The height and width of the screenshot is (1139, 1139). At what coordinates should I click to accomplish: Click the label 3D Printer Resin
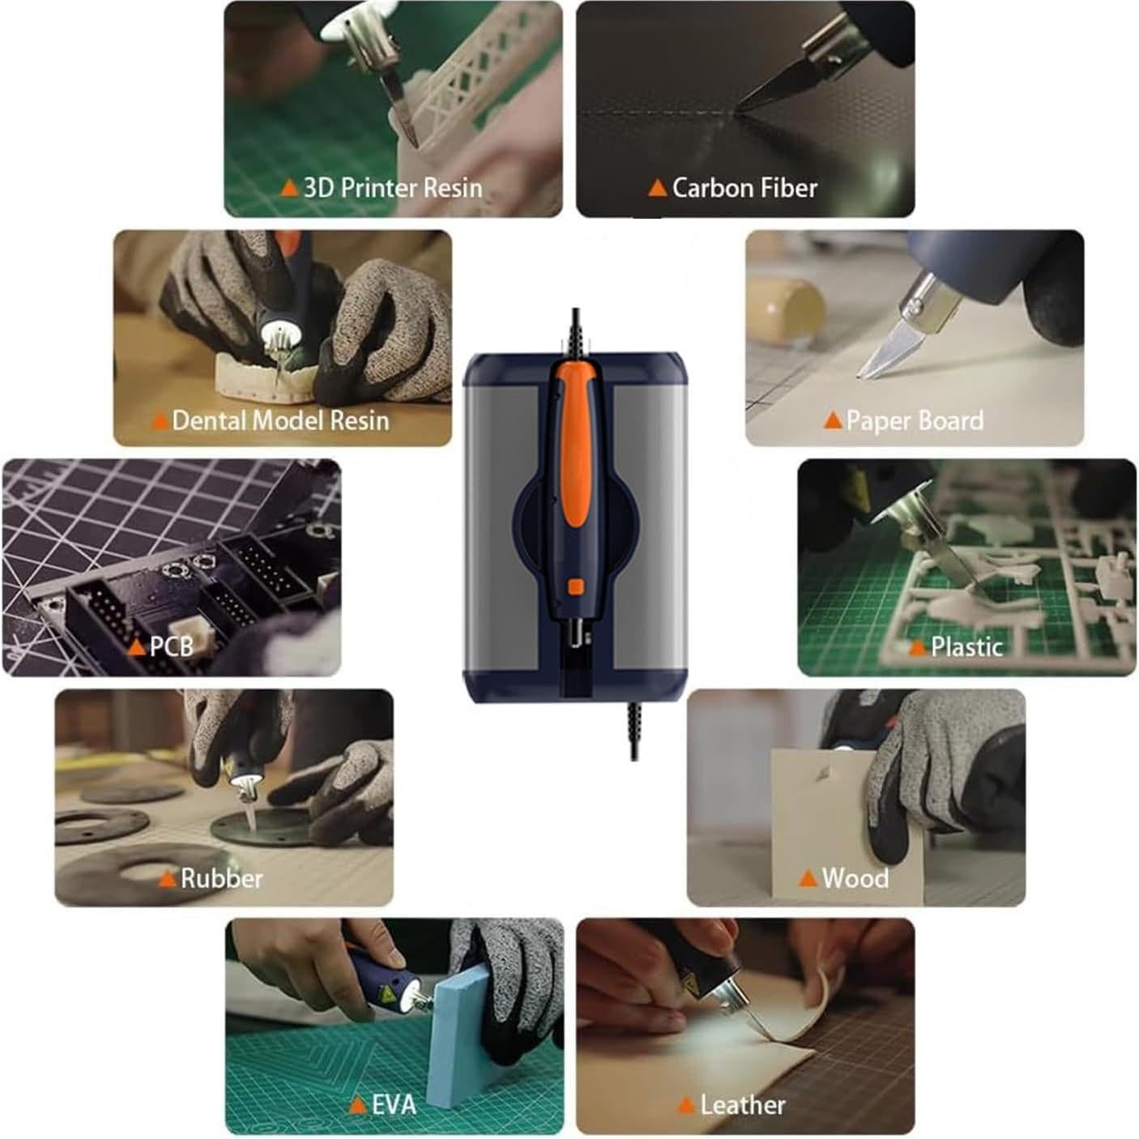(393, 188)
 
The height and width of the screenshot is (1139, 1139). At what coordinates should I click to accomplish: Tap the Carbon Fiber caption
(744, 188)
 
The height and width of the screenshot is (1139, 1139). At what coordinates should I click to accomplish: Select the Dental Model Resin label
(281, 420)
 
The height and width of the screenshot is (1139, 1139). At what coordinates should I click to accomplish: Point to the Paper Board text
(915, 420)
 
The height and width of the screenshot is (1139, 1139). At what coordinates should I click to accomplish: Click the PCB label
(172, 646)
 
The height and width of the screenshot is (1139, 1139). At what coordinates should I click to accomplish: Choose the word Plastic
(967, 646)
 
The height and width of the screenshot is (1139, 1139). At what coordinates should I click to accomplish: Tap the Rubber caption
(222, 878)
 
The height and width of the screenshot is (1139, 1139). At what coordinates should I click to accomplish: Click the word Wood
(855, 878)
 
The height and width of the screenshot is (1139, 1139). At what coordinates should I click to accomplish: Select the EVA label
(394, 1104)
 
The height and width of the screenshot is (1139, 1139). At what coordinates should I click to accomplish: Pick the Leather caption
(743, 1104)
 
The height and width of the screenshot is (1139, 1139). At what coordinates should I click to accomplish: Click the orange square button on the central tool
(576, 587)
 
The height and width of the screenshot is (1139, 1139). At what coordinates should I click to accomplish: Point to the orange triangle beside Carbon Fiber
(658, 188)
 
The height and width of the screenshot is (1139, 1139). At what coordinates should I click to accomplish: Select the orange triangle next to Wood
(808, 878)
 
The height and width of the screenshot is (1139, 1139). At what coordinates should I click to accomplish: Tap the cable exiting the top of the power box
(576, 331)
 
